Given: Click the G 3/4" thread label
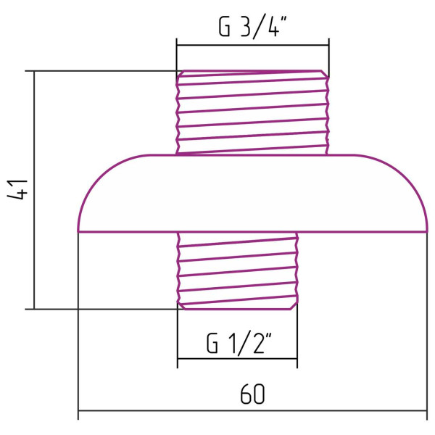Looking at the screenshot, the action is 252,27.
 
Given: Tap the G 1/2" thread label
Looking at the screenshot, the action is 239,343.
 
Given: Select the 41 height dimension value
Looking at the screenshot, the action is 17,190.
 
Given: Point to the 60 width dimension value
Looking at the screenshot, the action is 252,394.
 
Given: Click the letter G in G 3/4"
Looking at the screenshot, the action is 225,27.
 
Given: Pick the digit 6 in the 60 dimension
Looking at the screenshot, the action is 246,394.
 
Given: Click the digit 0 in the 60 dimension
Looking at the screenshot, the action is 260,394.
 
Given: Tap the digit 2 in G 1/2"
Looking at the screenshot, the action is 259,343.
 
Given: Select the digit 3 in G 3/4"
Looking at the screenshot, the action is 246,27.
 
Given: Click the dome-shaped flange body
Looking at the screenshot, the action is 252,194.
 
